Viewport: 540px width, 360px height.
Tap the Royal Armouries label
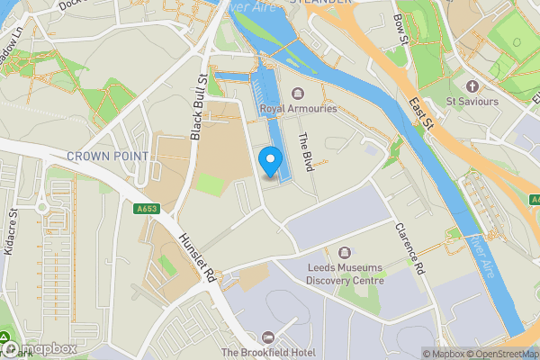[298, 109]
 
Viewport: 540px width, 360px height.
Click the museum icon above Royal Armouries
[298, 93]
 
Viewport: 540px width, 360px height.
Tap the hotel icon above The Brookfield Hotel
[265, 336]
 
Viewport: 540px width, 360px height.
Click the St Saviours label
[472, 102]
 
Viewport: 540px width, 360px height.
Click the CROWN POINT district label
[107, 156]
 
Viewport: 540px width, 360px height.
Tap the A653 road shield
[147, 209]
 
